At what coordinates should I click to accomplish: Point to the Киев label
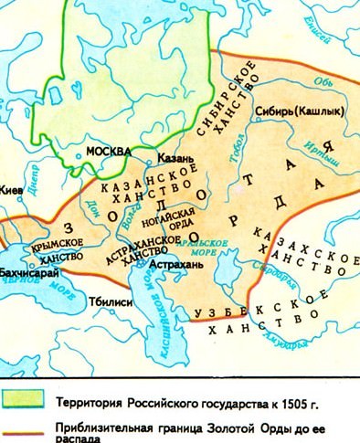(9, 192)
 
